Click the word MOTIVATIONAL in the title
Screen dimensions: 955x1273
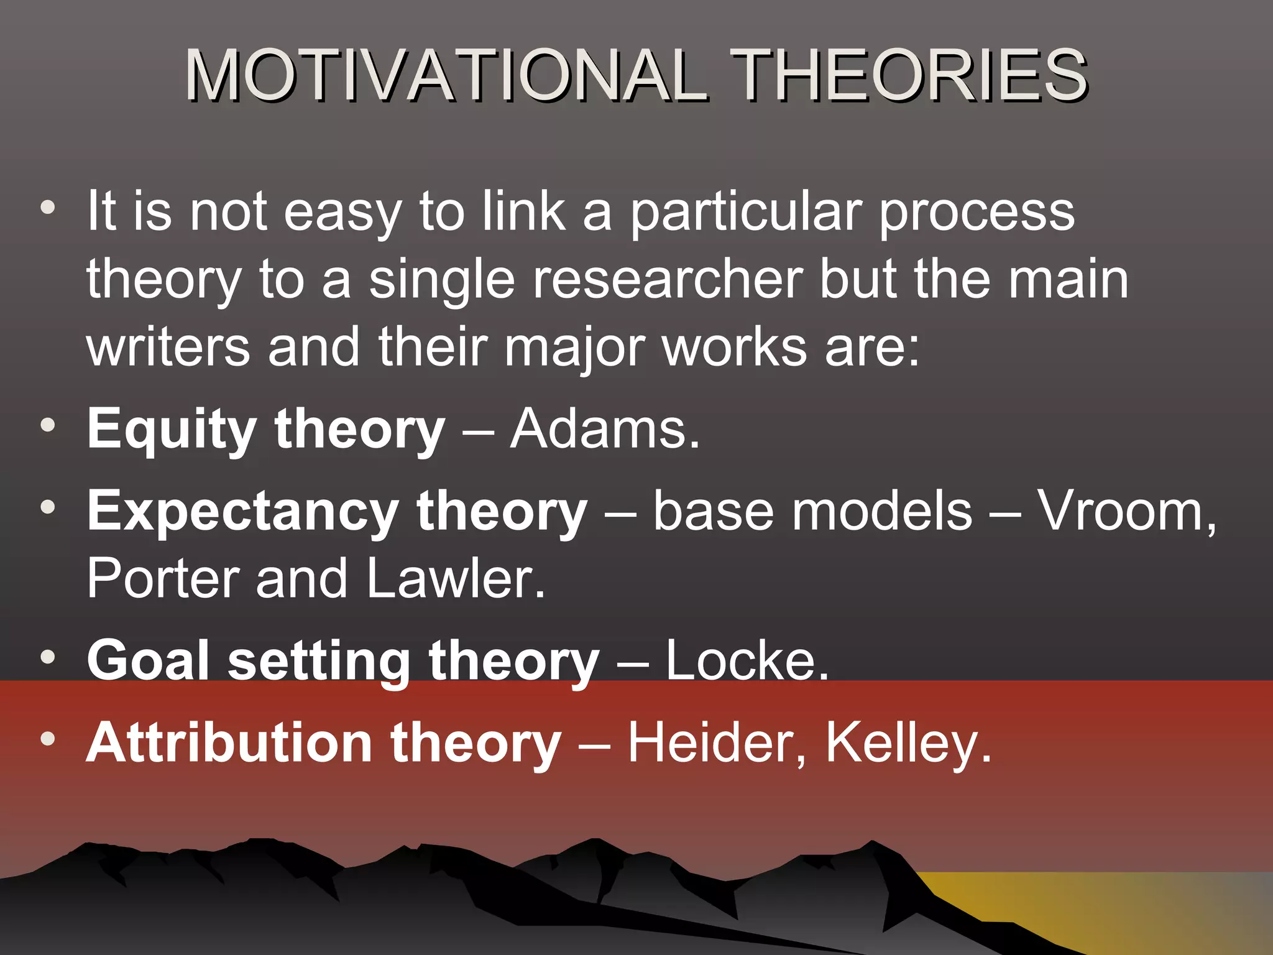(x=446, y=76)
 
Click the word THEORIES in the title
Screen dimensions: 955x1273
(x=909, y=76)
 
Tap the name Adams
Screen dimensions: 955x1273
(x=604, y=429)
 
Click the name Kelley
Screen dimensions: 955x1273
(x=908, y=742)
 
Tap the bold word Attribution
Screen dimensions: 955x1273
(x=229, y=742)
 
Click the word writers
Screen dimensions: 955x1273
(x=168, y=347)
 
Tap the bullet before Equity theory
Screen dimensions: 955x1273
(x=48, y=427)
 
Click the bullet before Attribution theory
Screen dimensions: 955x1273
(x=48, y=739)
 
